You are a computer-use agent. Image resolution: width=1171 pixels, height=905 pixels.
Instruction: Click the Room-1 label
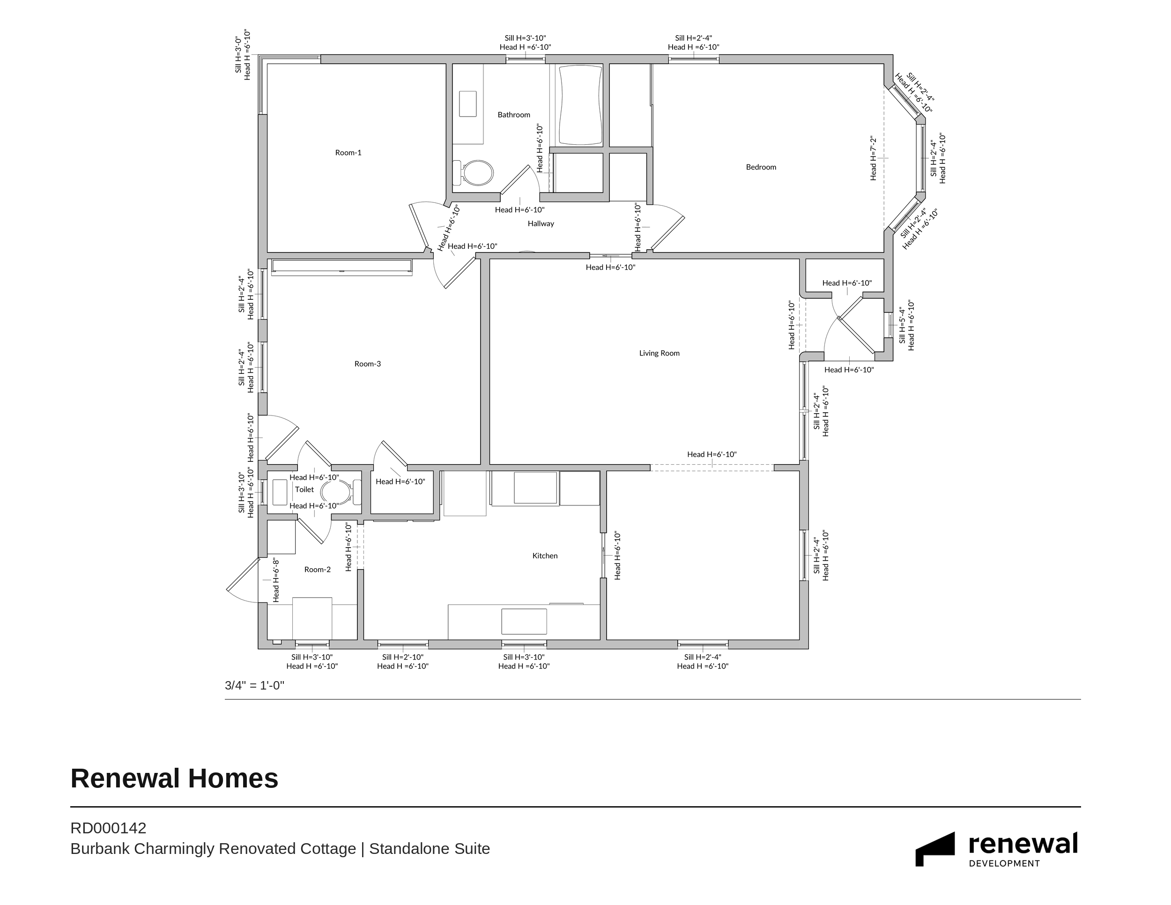pyautogui.click(x=348, y=153)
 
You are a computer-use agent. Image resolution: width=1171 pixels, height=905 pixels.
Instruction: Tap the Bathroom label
pyautogui.click(x=514, y=115)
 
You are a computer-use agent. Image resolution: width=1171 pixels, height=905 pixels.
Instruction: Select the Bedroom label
pyautogui.click(x=761, y=167)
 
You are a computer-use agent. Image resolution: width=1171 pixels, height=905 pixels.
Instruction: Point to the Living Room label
pyautogui.click(x=659, y=353)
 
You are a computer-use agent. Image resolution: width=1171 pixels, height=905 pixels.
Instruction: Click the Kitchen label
pyautogui.click(x=545, y=556)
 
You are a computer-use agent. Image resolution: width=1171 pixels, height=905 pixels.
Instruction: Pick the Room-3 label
pyautogui.click(x=367, y=364)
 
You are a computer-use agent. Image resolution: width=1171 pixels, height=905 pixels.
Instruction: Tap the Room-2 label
pyautogui.click(x=318, y=570)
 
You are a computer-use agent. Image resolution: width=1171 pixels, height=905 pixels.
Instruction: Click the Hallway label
pyautogui.click(x=541, y=223)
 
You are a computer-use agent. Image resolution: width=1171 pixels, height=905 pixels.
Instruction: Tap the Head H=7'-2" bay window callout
pyautogui.click(x=874, y=158)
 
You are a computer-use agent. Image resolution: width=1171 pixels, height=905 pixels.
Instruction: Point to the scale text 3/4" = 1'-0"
pyautogui.click(x=254, y=685)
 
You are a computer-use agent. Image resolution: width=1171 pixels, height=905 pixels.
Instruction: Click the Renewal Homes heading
pyautogui.click(x=174, y=779)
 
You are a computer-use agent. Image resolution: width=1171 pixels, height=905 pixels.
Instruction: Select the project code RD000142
pyautogui.click(x=108, y=828)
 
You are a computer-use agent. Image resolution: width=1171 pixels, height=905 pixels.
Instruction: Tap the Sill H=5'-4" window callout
pyautogui.click(x=903, y=325)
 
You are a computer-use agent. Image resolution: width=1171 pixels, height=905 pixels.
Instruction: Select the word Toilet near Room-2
pyautogui.click(x=304, y=490)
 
